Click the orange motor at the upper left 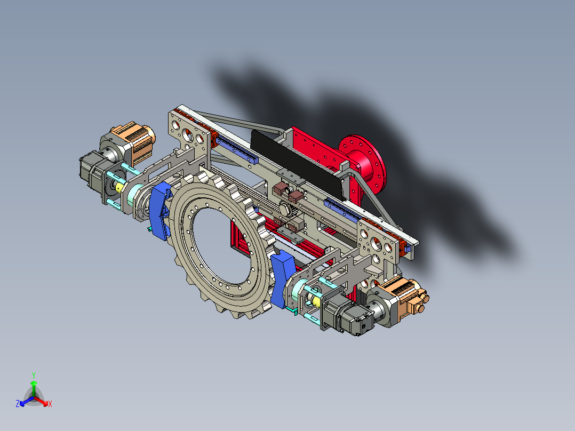[134, 142]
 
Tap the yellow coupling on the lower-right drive [316, 301]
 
